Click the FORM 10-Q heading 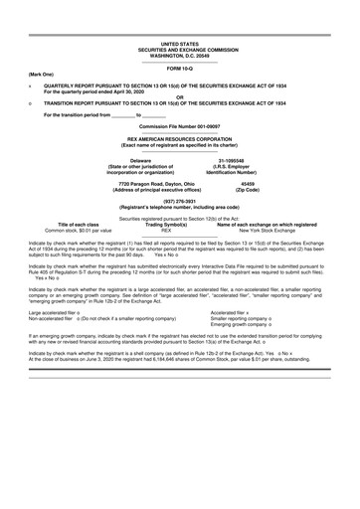pos(179,68)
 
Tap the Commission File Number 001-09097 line pos(179,127)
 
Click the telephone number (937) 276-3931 pos(179,201)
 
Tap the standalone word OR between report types pos(179,96)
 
